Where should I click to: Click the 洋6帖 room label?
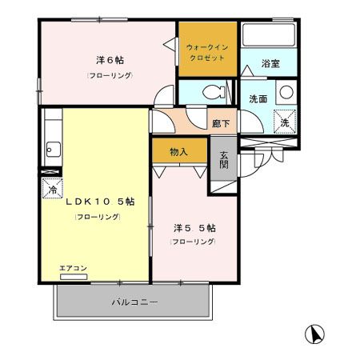pos(110,60)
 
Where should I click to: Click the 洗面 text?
pos(258,100)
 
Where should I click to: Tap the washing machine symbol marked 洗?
pos(283,122)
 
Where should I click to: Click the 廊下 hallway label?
pos(221,123)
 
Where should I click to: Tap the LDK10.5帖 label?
pos(94,202)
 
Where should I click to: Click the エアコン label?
pos(73,268)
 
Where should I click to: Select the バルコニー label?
pos(134,302)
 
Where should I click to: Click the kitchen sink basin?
pos(52,148)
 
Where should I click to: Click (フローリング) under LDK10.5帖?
pos(93,217)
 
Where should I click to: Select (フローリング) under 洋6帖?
pos(110,75)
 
